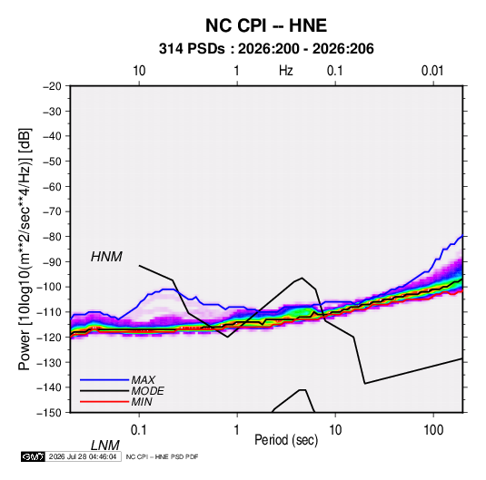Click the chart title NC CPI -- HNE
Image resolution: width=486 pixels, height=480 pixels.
266,25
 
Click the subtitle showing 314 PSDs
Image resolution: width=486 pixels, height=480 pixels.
266,49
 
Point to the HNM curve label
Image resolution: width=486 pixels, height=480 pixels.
106,257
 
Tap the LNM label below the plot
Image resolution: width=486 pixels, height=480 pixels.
105,446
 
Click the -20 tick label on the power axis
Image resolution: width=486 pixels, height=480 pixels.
52,86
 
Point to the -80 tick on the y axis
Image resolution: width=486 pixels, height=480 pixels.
52,237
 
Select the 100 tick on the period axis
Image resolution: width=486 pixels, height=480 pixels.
433,430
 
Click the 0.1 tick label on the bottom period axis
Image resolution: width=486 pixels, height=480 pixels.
139,430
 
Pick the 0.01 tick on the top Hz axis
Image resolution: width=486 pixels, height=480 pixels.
432,71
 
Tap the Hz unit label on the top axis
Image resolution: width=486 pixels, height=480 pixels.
286,71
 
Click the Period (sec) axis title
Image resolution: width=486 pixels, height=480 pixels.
286,440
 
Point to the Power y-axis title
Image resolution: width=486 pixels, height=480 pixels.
25,249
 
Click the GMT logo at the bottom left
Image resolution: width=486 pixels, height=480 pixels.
33,456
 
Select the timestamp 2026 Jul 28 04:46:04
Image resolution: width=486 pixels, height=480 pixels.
83,456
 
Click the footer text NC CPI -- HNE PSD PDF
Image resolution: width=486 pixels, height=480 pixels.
162,456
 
